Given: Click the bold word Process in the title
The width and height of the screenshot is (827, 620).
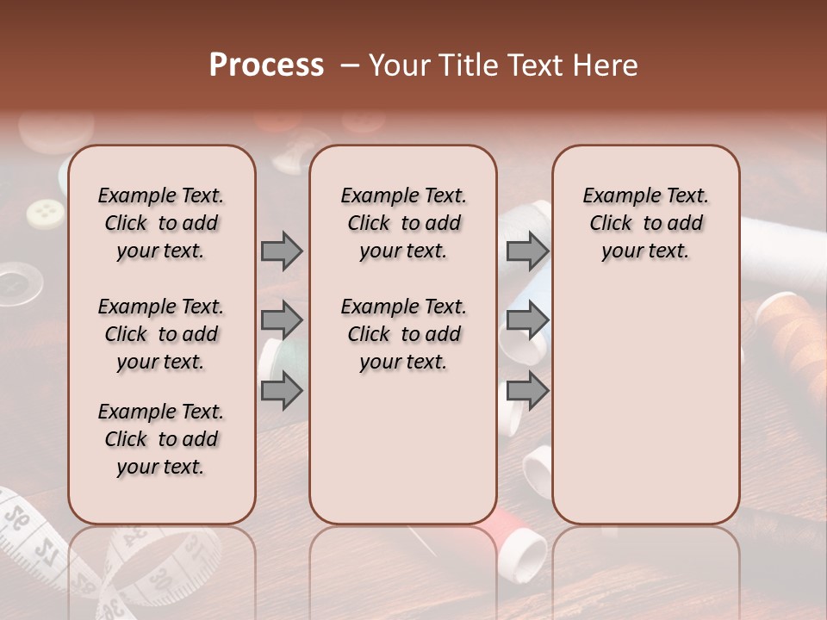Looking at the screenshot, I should [266, 65].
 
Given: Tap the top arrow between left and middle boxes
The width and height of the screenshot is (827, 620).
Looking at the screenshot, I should [282, 251].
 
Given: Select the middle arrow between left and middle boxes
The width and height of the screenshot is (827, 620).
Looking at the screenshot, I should [282, 321].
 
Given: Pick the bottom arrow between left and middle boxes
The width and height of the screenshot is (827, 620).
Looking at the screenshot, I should [282, 391].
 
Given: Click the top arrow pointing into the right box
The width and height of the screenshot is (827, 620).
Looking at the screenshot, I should [527, 251].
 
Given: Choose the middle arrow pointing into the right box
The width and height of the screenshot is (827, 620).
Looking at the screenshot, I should [527, 321].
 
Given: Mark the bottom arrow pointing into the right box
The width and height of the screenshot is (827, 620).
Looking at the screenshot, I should [527, 391].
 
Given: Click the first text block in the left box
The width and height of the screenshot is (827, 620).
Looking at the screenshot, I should [160, 223].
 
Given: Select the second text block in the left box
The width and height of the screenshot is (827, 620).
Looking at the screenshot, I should [160, 334].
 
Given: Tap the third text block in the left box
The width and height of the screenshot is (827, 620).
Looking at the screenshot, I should [160, 439].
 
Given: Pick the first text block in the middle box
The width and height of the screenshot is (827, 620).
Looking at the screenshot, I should [403, 223].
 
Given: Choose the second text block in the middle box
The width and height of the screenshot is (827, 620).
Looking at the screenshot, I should [403, 334].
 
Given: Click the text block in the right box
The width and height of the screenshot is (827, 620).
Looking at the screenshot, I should [645, 223].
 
